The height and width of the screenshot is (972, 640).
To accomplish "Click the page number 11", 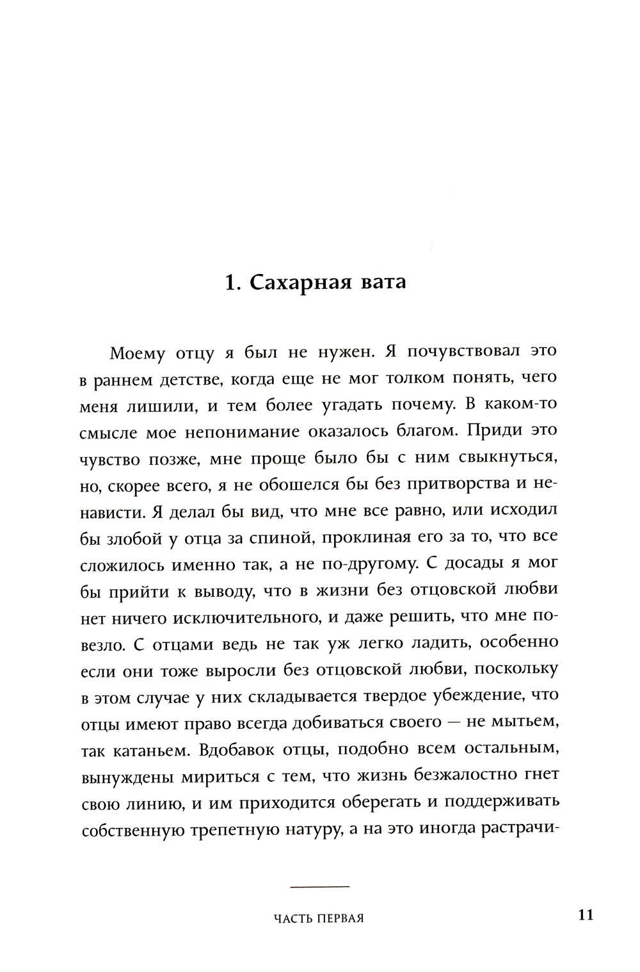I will pyautogui.click(x=586, y=914).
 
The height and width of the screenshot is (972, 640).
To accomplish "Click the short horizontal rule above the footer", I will pyautogui.click(x=319, y=886).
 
